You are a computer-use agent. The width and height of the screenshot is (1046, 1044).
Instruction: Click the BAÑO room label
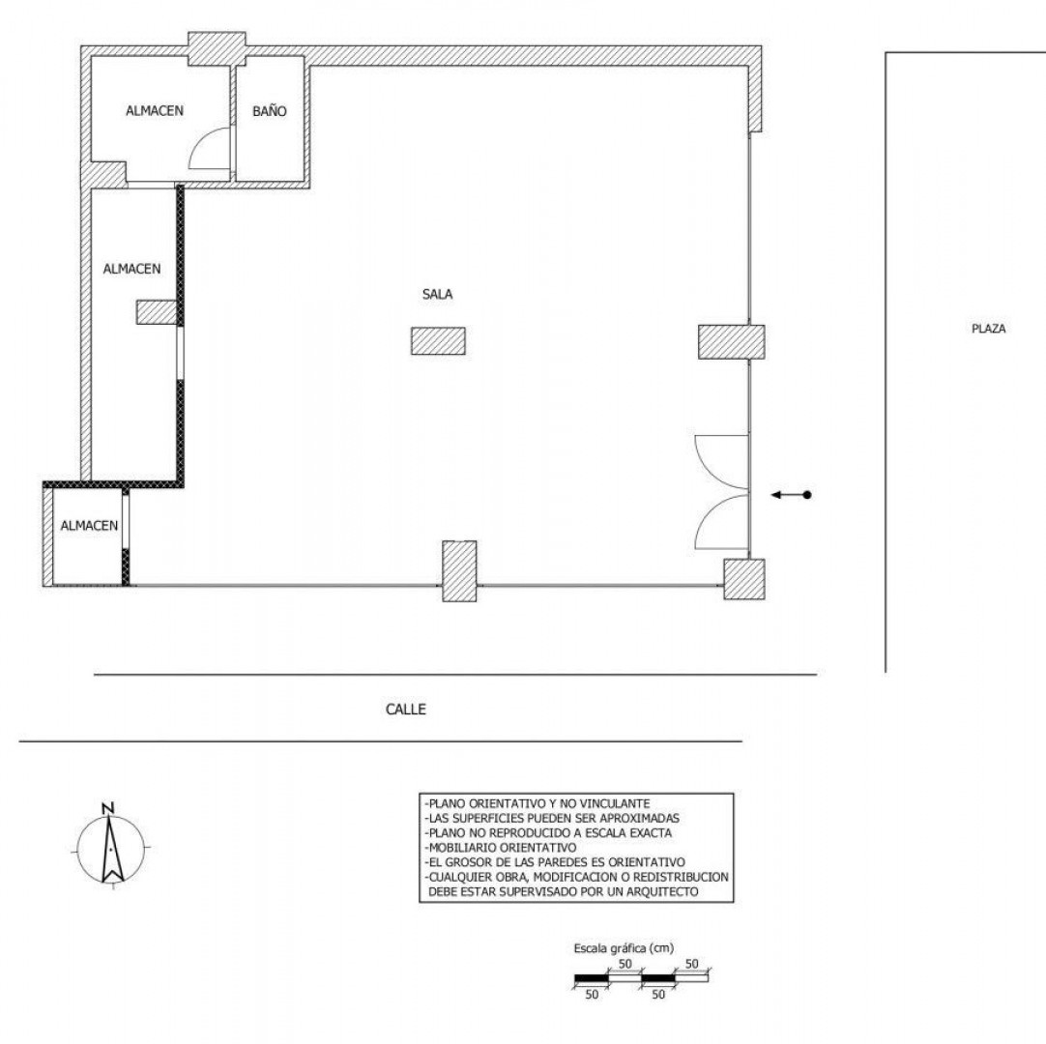(270, 111)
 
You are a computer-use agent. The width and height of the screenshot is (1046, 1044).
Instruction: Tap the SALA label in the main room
(438, 294)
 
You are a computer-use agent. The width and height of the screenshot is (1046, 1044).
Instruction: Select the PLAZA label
(989, 329)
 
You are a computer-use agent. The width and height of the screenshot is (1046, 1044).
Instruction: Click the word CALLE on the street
(406, 710)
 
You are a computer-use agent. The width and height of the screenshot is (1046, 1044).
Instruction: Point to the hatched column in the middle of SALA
(438, 341)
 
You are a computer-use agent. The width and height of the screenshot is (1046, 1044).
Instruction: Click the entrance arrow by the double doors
(791, 495)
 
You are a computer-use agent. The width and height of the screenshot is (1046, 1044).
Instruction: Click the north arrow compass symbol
(110, 849)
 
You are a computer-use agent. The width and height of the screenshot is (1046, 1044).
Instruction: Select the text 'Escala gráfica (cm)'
(624, 948)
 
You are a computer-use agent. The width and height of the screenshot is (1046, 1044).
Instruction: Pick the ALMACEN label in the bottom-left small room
(89, 526)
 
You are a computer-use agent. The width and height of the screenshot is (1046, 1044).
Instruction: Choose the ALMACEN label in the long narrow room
(132, 269)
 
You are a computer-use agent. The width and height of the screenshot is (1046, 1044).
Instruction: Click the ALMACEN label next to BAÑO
(155, 111)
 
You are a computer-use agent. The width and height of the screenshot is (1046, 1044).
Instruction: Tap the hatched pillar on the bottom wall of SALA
(459, 571)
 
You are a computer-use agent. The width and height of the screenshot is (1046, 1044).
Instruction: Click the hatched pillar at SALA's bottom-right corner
(744, 579)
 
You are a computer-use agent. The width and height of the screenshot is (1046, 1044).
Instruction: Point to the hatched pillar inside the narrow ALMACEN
(157, 312)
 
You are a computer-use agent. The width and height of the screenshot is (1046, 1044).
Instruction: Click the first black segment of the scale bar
(592, 978)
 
